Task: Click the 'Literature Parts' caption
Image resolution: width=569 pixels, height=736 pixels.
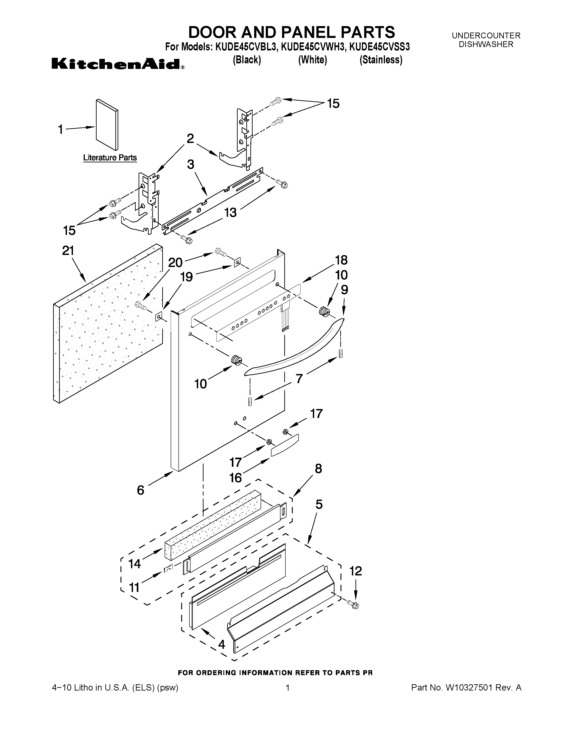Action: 110,158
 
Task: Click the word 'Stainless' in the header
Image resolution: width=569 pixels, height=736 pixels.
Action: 381,60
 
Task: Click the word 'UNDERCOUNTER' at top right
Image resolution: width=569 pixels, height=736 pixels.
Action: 486,36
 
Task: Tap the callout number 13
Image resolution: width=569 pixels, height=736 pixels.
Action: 231,212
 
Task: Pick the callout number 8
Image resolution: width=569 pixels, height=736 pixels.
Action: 318,469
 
